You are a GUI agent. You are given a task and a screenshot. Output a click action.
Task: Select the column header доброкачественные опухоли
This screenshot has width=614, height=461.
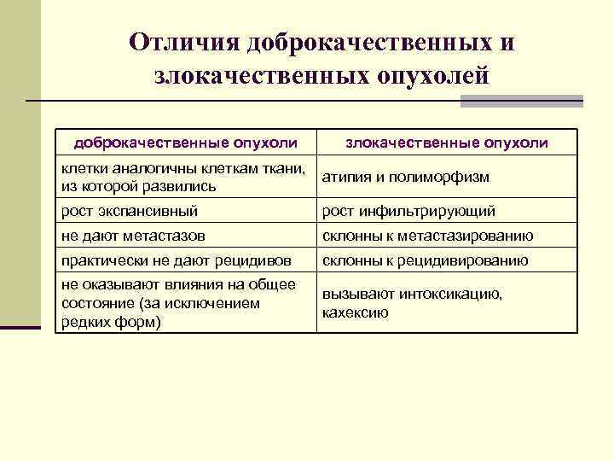tap(185, 143)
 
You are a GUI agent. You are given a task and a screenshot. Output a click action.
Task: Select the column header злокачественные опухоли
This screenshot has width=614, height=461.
tap(447, 143)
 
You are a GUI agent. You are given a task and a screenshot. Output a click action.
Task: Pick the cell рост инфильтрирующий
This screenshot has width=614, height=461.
tap(408, 210)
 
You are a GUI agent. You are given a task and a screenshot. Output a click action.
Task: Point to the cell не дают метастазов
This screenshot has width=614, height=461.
tap(132, 236)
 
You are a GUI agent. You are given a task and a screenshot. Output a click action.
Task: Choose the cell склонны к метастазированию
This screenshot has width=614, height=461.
tap(427, 236)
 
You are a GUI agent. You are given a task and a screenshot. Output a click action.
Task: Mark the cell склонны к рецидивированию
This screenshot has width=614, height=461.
tap(425, 260)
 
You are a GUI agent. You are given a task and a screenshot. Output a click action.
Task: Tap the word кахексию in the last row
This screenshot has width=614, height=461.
tap(355, 312)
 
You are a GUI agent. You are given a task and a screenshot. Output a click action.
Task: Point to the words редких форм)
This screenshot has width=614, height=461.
tap(111, 322)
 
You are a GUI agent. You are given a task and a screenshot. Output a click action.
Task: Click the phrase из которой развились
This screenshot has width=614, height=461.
tap(138, 186)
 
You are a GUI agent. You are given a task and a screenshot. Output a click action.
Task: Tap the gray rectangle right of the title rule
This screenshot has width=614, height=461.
tap(521, 101)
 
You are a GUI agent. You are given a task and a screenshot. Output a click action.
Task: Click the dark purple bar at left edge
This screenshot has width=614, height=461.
tap(20, 326)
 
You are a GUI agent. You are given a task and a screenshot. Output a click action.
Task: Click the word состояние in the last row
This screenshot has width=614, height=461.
tap(93, 303)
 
